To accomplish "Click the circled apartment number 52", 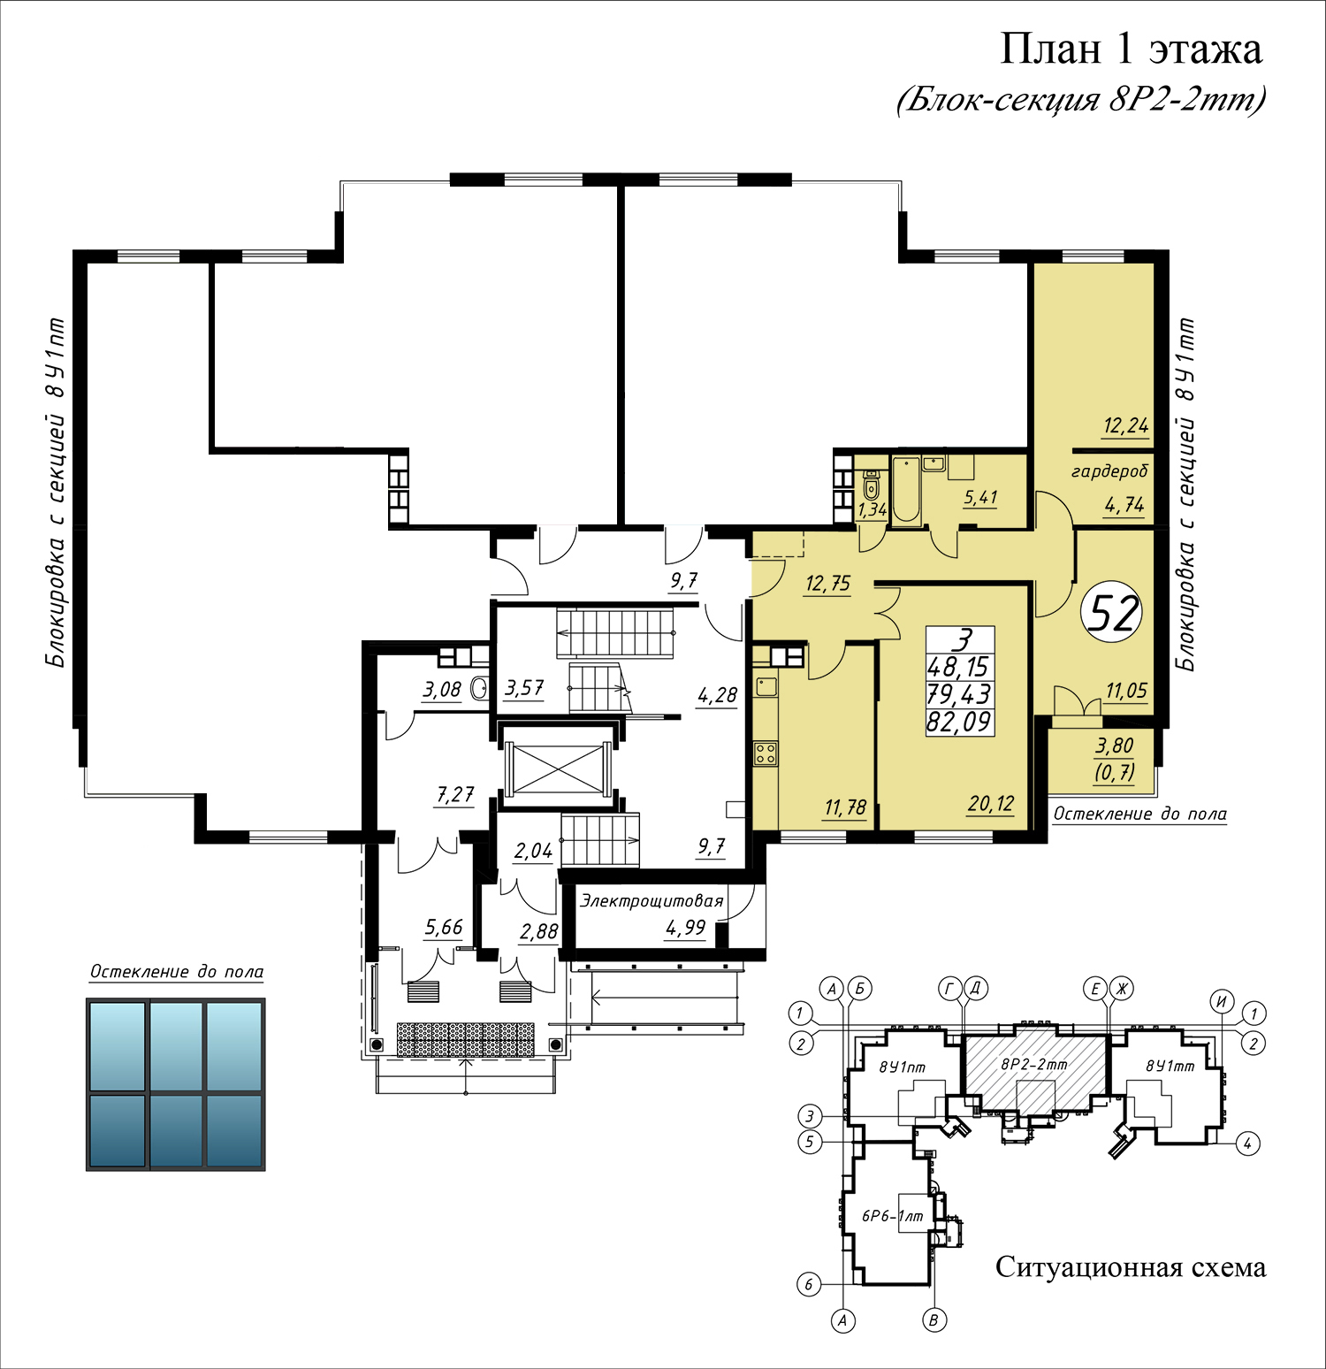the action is (1112, 612).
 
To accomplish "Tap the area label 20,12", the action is (991, 804).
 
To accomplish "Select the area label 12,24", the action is (1125, 426).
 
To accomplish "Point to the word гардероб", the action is (1109, 471).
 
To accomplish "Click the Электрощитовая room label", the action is (652, 901).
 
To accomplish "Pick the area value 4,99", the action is (686, 928).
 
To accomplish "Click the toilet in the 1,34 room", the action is (871, 485).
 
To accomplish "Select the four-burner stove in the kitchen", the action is (766, 753).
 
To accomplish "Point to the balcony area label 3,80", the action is (1114, 746).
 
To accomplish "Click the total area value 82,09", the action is (959, 723).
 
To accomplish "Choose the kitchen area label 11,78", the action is (845, 807).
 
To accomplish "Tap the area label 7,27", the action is (454, 795).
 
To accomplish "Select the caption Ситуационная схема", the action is (1131, 1267).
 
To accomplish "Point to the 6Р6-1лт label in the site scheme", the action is (893, 1216).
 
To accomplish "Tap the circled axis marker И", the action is (1223, 1001).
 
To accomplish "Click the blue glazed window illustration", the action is (176, 1084).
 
